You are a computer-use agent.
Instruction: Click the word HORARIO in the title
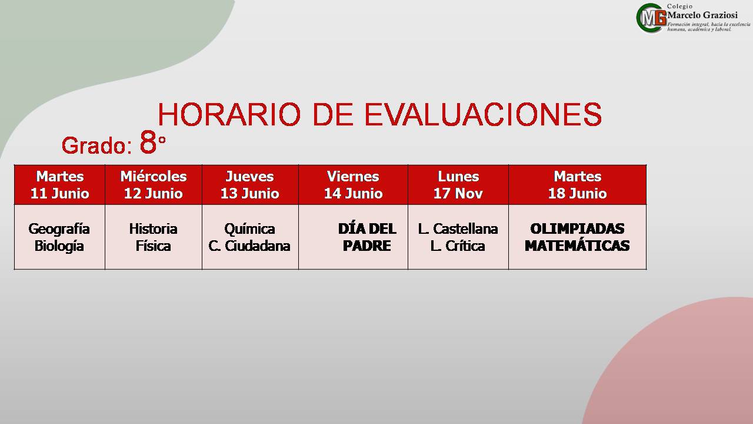(x=229, y=114)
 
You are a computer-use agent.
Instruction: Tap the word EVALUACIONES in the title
(x=483, y=114)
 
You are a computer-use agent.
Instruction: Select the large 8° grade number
(x=152, y=143)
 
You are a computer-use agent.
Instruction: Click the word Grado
(x=97, y=145)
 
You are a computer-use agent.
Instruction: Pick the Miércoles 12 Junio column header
(x=154, y=185)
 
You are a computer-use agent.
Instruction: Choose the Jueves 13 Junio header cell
(x=250, y=185)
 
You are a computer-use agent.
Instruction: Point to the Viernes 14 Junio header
(x=353, y=185)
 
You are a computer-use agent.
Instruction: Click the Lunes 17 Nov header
(x=458, y=185)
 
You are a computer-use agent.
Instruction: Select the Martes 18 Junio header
(x=578, y=185)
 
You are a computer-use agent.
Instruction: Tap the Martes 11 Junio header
(x=60, y=185)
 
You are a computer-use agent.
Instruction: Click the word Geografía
(x=59, y=230)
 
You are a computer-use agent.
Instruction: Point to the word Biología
(x=59, y=246)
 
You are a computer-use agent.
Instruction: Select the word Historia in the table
(x=154, y=229)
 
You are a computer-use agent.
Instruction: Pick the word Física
(x=154, y=246)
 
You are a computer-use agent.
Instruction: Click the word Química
(x=250, y=230)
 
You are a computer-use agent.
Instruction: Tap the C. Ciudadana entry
(x=249, y=246)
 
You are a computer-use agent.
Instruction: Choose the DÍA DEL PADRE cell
(x=367, y=237)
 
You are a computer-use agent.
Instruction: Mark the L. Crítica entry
(x=458, y=246)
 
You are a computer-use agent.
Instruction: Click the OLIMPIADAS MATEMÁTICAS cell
(x=577, y=237)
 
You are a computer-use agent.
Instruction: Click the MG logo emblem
(x=651, y=18)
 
